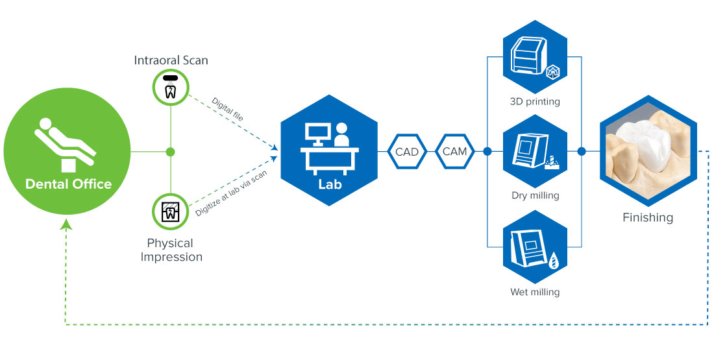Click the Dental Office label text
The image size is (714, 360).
click(68, 184)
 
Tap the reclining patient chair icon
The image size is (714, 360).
click(65, 145)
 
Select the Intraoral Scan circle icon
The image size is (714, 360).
click(170, 88)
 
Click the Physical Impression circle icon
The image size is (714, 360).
click(170, 211)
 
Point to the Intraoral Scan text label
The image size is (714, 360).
click(171, 60)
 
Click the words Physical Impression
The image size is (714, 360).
click(171, 250)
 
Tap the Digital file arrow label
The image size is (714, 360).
click(227, 109)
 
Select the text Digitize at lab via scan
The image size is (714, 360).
click(231, 193)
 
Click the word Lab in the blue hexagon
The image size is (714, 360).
click(329, 185)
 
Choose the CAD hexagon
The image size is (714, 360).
click(406, 152)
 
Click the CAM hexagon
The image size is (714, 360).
click(454, 152)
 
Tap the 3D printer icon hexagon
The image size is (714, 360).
click(535, 56)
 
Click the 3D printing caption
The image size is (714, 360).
click(535, 101)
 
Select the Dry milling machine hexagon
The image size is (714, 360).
click(535, 151)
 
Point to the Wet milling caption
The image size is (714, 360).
click(535, 292)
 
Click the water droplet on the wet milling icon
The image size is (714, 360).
click(554, 261)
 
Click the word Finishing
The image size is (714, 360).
click(648, 217)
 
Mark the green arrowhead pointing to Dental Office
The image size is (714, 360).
click(67, 223)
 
